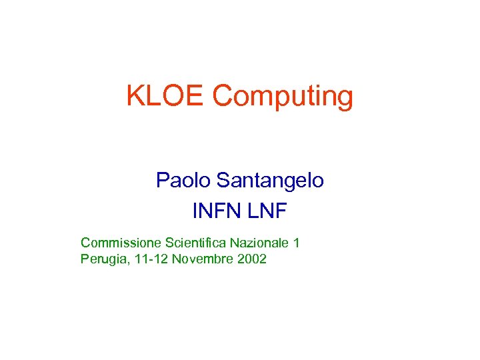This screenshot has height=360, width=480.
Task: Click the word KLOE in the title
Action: [x=166, y=97]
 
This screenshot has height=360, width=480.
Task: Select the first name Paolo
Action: [x=177, y=180]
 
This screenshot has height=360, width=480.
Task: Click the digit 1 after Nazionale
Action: [x=296, y=243]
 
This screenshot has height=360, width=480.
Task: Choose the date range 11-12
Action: [x=149, y=259]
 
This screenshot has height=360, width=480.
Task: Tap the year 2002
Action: [x=251, y=259]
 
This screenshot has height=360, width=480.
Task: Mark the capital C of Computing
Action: [x=221, y=97]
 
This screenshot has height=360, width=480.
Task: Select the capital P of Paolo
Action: [x=162, y=180]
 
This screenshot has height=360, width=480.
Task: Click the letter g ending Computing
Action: [x=345, y=100]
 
